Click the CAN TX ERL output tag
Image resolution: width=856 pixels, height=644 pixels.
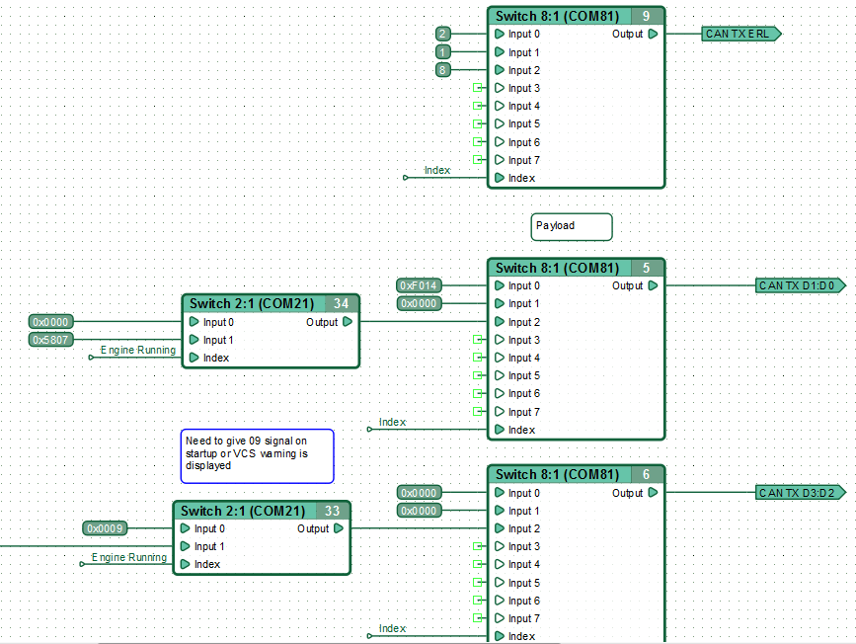[x=741, y=34]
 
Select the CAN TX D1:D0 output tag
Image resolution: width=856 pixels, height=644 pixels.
[x=801, y=285]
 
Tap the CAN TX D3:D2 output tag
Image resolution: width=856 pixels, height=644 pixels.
[x=801, y=493]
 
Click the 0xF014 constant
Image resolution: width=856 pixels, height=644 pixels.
[x=419, y=285]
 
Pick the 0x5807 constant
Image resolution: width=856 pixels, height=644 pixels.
[x=50, y=340]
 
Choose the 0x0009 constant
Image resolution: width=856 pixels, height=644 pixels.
[x=105, y=528]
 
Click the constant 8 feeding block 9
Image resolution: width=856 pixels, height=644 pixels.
[x=442, y=70]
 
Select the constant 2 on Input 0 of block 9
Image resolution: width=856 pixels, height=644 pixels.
[x=442, y=34]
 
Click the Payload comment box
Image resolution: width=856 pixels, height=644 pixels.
[x=572, y=226]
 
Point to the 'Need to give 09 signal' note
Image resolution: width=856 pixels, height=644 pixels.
[x=257, y=456]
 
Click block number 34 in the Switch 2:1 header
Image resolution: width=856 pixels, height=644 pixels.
[x=342, y=303]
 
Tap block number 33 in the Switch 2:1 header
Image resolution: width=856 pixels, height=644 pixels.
[x=333, y=511]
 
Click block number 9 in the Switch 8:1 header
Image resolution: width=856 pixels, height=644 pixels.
[x=647, y=17]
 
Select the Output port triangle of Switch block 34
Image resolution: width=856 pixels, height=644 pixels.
[x=348, y=322]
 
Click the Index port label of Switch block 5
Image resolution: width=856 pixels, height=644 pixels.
[x=522, y=430]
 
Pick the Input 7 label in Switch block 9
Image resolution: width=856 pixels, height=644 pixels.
[x=524, y=160]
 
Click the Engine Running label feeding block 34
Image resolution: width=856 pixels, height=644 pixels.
[x=138, y=350]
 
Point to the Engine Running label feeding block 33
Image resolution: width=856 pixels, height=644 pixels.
[x=129, y=557]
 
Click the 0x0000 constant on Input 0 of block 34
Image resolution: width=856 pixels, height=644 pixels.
[x=50, y=322]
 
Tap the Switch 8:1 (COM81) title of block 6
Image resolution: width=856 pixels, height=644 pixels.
[x=558, y=475]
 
